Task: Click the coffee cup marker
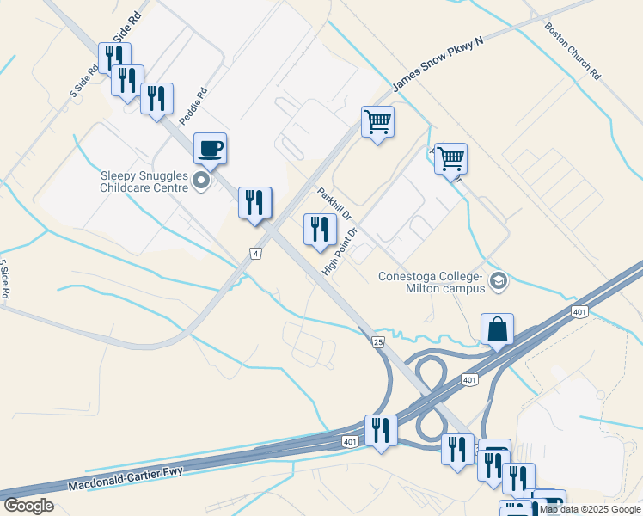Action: click(x=211, y=149)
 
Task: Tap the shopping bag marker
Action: click(x=498, y=329)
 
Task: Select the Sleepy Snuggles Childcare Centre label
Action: click(x=144, y=181)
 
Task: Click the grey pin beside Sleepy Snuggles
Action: click(x=202, y=181)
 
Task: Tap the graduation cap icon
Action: click(x=499, y=281)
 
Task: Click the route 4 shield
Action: click(x=255, y=253)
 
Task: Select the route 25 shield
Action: click(x=378, y=342)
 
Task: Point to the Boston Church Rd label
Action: click(x=572, y=51)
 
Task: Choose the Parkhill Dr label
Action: click(x=335, y=203)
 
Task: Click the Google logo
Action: click(x=28, y=506)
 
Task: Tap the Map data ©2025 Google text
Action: click(x=590, y=509)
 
